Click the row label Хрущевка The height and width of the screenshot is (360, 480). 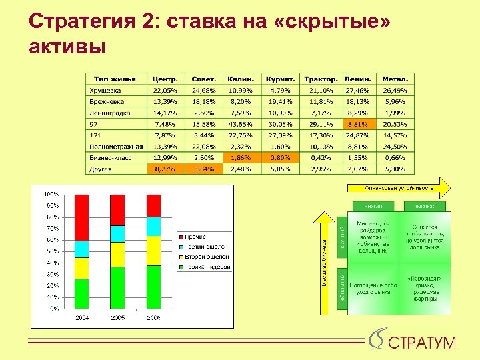[x=105, y=91]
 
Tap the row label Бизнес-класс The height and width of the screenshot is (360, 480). [x=110, y=158]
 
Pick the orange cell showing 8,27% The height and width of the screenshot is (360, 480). [x=165, y=169]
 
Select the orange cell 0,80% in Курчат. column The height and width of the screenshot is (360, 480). [x=281, y=158]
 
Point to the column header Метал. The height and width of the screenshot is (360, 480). [x=395, y=79]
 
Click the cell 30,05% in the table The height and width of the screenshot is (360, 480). [x=281, y=124]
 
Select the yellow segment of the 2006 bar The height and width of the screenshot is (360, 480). [x=153, y=251]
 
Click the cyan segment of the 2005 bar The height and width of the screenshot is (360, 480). [x=117, y=234]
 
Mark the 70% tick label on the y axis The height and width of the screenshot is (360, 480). [x=51, y=228]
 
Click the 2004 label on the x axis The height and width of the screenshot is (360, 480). [x=82, y=318]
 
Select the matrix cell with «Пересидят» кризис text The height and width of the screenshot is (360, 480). [x=425, y=287]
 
